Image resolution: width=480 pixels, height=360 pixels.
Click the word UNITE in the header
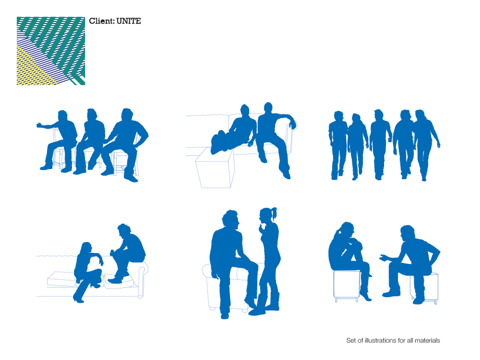128,21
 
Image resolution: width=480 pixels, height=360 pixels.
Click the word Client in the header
101,21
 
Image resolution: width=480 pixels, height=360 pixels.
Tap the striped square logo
51,51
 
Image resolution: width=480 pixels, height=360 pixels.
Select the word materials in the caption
427,340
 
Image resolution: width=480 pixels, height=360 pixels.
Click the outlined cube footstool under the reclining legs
215,168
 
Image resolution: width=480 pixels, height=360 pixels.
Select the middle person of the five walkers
379,144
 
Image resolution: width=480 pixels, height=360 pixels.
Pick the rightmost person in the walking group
425,144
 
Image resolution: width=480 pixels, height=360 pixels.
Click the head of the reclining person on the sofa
244,110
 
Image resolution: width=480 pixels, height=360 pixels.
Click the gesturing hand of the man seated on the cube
383,258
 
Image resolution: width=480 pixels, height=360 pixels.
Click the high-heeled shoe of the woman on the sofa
78,298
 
